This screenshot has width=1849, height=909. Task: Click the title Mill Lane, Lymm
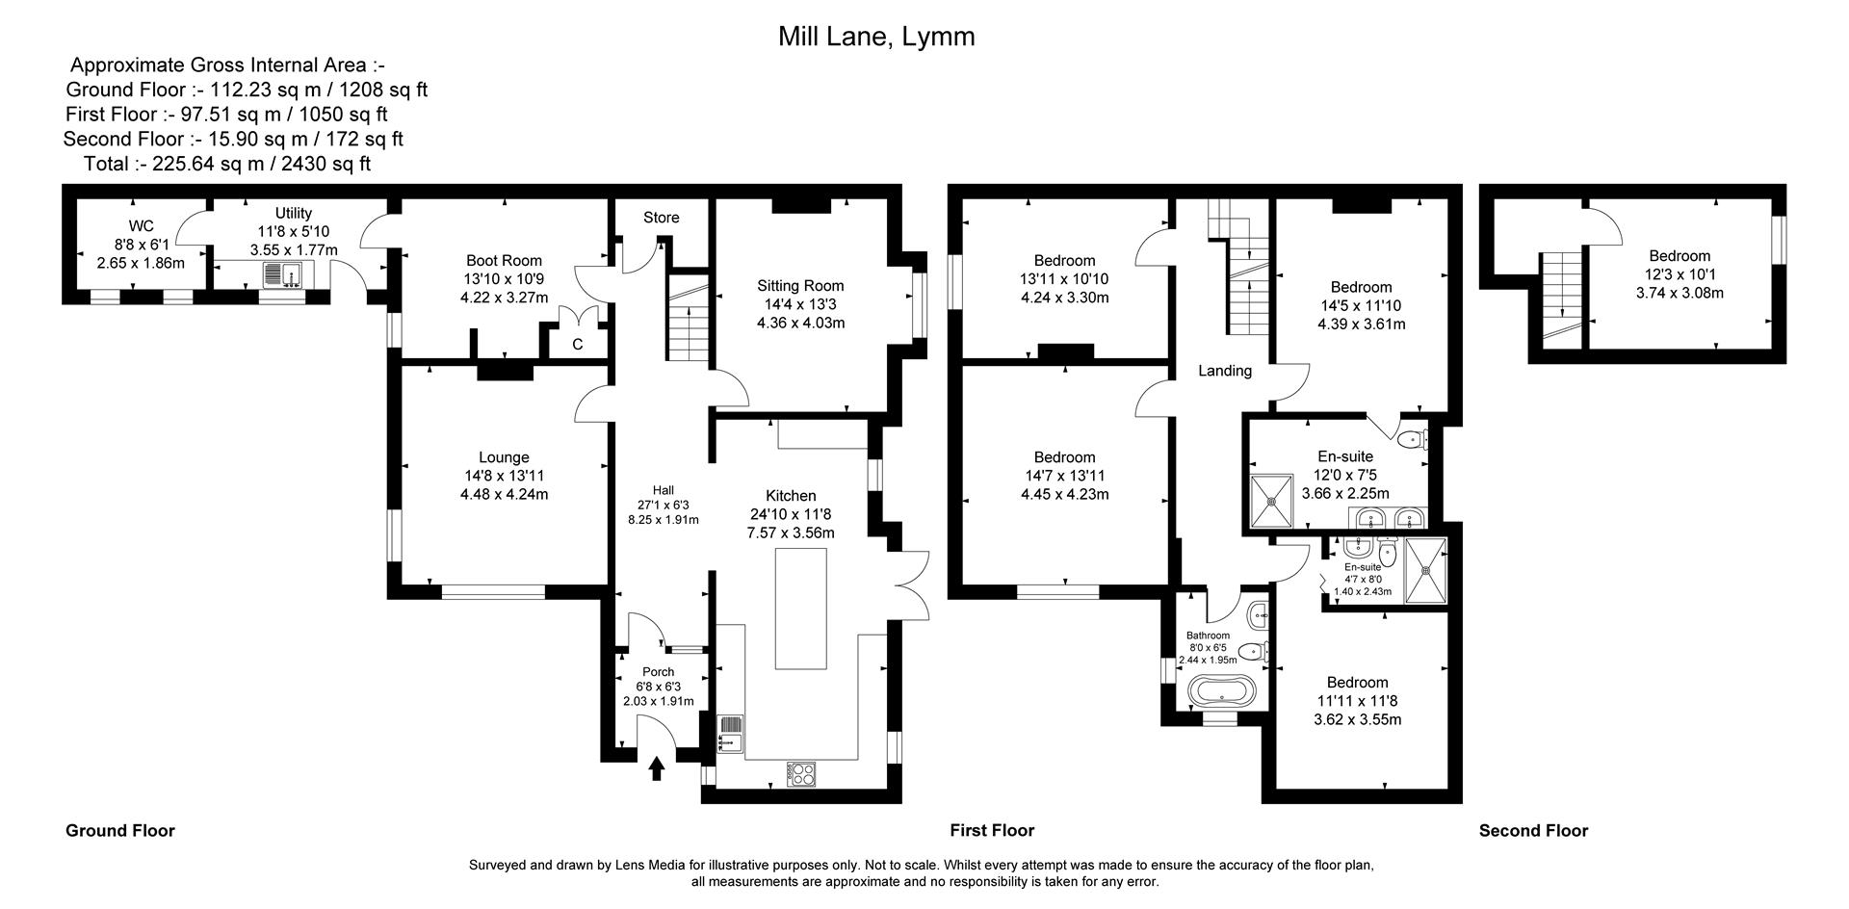(875, 37)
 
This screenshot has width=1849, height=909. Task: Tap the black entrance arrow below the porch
(657, 767)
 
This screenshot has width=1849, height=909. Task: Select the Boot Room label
(504, 260)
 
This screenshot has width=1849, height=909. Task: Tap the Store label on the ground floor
(662, 218)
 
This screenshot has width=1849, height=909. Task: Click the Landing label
(1224, 371)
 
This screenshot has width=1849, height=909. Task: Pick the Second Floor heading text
(1533, 830)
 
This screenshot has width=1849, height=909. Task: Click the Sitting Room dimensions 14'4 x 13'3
(800, 304)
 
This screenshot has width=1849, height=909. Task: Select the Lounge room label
(504, 457)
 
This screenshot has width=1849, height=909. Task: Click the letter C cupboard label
(578, 344)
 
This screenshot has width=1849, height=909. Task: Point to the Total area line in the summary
(227, 164)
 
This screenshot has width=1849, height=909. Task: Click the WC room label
(141, 226)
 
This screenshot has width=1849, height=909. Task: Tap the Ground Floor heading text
(120, 830)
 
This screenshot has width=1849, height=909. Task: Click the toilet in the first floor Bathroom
(1252, 652)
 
